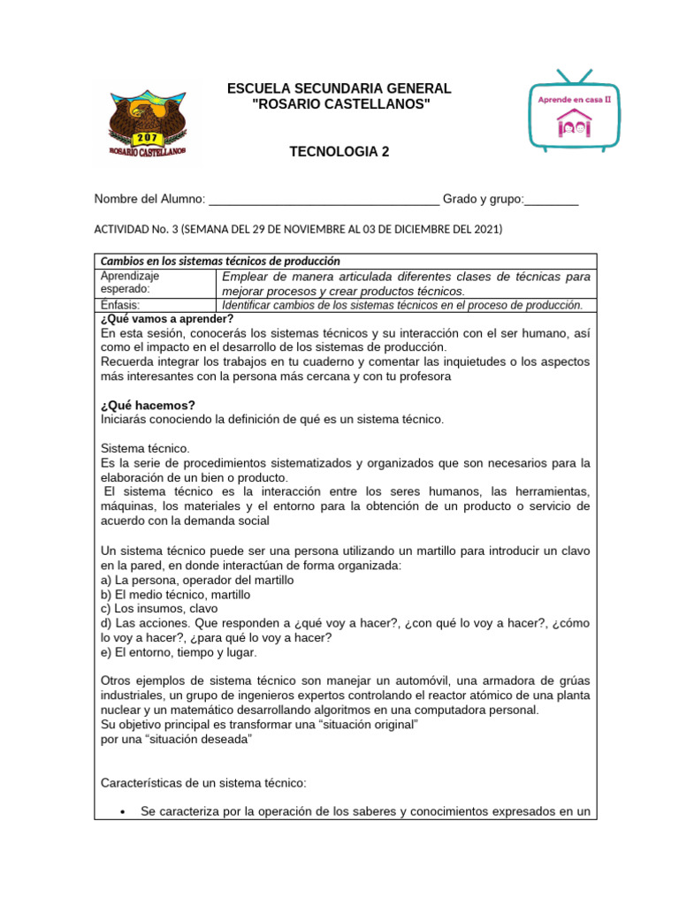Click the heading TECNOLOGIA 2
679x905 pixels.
click(x=339, y=152)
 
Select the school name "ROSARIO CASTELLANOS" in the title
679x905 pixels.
click(x=339, y=105)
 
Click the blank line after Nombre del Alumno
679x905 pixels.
click(x=324, y=200)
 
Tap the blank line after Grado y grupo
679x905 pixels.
click(x=552, y=200)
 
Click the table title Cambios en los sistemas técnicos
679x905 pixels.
click(x=220, y=261)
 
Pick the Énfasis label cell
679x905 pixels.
click(x=121, y=305)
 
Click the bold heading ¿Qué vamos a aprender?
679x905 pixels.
click(x=167, y=319)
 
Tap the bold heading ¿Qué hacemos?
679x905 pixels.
click(x=148, y=405)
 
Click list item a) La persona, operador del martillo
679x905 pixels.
click(x=197, y=580)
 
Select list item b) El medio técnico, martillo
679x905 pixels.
click(x=175, y=595)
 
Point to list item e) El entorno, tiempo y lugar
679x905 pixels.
click(x=179, y=652)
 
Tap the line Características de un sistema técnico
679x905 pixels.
click(x=203, y=783)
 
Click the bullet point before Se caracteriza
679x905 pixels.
click(x=120, y=812)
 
